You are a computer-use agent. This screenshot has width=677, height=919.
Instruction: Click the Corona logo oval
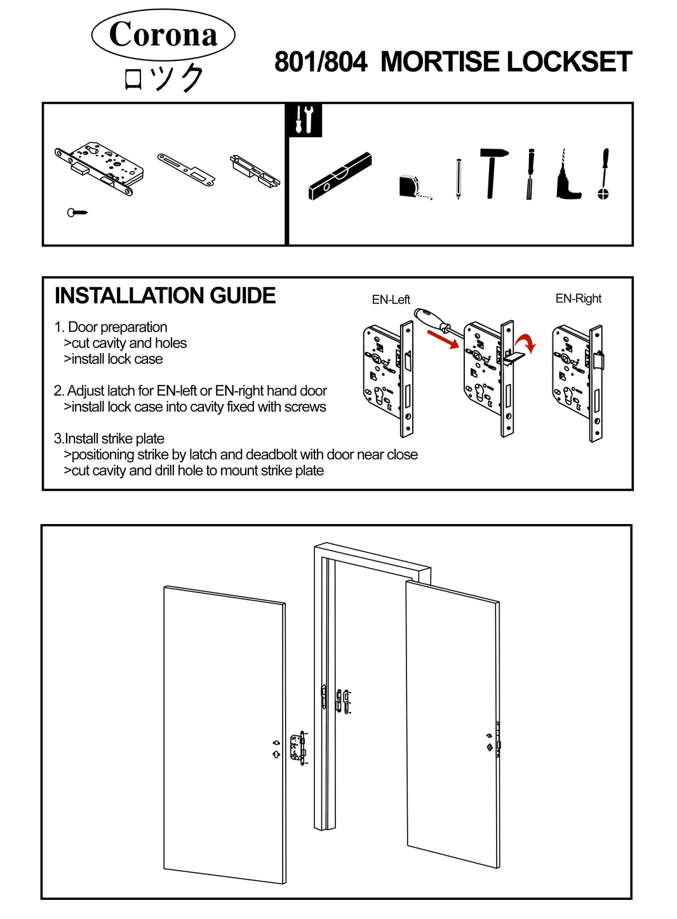(x=163, y=34)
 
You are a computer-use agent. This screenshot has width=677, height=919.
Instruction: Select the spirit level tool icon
(x=340, y=176)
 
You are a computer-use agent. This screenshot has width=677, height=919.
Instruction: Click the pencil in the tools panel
(x=458, y=178)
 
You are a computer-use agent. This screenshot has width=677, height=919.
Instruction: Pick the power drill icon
(x=566, y=178)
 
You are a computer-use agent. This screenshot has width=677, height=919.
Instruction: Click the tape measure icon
(x=412, y=187)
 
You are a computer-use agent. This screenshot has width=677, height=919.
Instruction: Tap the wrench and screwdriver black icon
(x=305, y=119)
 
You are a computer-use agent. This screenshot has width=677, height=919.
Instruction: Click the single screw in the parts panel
(x=77, y=212)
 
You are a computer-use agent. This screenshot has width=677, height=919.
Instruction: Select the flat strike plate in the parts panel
(x=186, y=170)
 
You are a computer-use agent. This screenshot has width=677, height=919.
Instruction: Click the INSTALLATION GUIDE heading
(x=165, y=296)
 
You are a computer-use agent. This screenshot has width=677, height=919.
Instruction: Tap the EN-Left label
(x=391, y=300)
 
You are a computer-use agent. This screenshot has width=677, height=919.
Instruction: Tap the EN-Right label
(x=578, y=299)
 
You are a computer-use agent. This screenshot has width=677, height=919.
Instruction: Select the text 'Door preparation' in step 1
(x=117, y=327)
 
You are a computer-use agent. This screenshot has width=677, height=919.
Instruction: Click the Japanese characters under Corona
(x=163, y=79)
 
